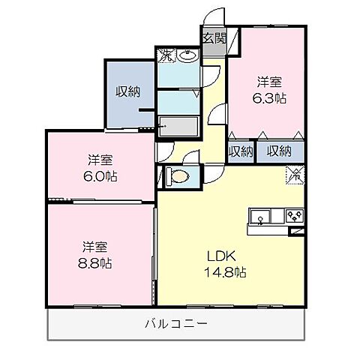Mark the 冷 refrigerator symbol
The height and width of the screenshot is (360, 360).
(295, 175)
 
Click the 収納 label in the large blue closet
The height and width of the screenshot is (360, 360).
(128, 91)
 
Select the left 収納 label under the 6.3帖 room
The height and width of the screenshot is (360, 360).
(240, 151)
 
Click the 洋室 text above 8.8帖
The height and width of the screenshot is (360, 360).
(95, 247)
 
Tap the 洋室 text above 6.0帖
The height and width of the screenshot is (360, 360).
(100, 160)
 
